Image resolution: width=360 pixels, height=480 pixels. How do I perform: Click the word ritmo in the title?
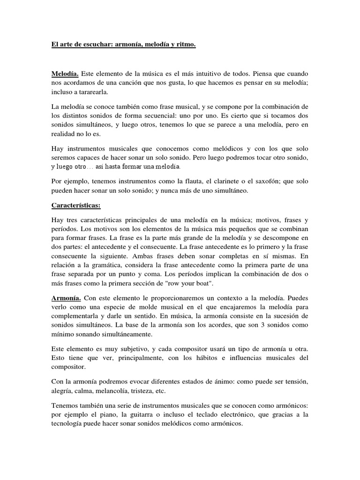pos(186,45)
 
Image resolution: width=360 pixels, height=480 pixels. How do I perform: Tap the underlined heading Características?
pos(76,205)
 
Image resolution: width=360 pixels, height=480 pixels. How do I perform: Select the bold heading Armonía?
pos(66,298)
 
